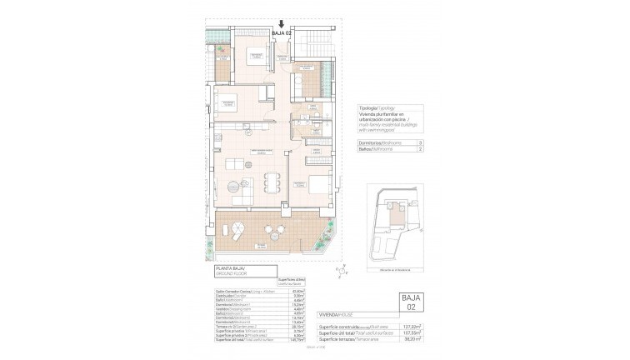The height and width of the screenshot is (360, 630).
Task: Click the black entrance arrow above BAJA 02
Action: point(282,25)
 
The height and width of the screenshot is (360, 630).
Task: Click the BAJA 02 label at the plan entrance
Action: point(282,34)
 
